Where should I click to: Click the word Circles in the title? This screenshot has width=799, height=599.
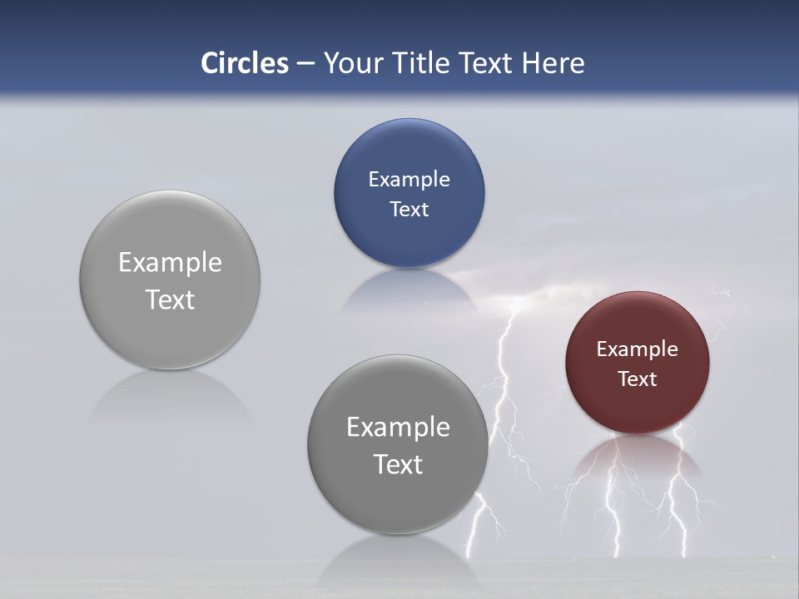click(x=244, y=63)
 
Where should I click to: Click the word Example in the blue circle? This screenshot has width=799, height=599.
click(x=409, y=179)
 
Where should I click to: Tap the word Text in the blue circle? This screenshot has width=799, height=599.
click(x=409, y=209)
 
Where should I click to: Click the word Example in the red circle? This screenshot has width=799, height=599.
click(x=637, y=349)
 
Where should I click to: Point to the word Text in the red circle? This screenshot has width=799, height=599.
click(x=637, y=379)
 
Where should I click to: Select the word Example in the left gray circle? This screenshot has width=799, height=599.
click(x=170, y=262)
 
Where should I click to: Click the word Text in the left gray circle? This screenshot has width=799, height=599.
click(x=170, y=299)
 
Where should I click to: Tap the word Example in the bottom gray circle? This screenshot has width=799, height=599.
click(x=398, y=427)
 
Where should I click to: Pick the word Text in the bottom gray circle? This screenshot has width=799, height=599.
click(x=398, y=463)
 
